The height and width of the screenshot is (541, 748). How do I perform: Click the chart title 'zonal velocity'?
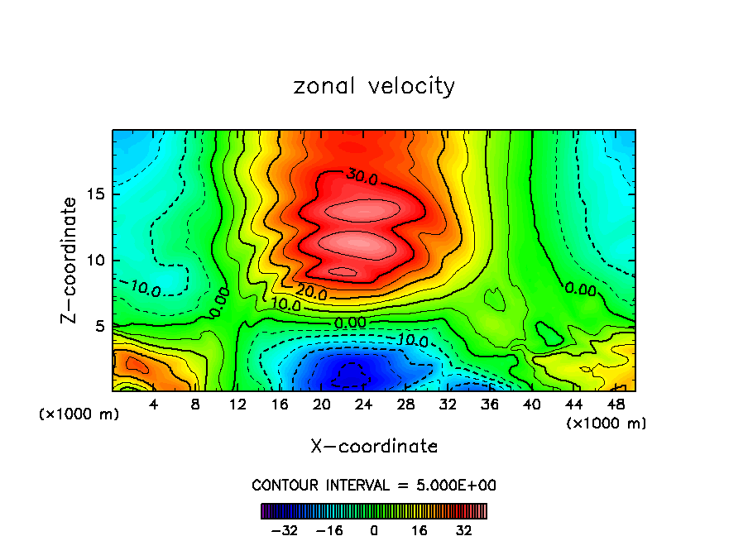(374, 86)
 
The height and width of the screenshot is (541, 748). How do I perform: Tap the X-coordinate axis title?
(374, 447)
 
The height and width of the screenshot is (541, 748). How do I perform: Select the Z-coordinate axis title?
(71, 260)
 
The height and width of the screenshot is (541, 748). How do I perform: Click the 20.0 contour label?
(312, 293)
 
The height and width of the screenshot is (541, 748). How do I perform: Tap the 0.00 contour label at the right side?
(580, 289)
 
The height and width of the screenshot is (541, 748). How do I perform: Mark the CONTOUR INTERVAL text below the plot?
(374, 485)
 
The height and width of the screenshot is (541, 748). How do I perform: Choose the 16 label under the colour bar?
(420, 530)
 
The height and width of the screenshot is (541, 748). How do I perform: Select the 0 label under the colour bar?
(374, 530)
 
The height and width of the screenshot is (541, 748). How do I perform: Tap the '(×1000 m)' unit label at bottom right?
(606, 424)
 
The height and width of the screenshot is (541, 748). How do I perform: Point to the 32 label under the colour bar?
(464, 530)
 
